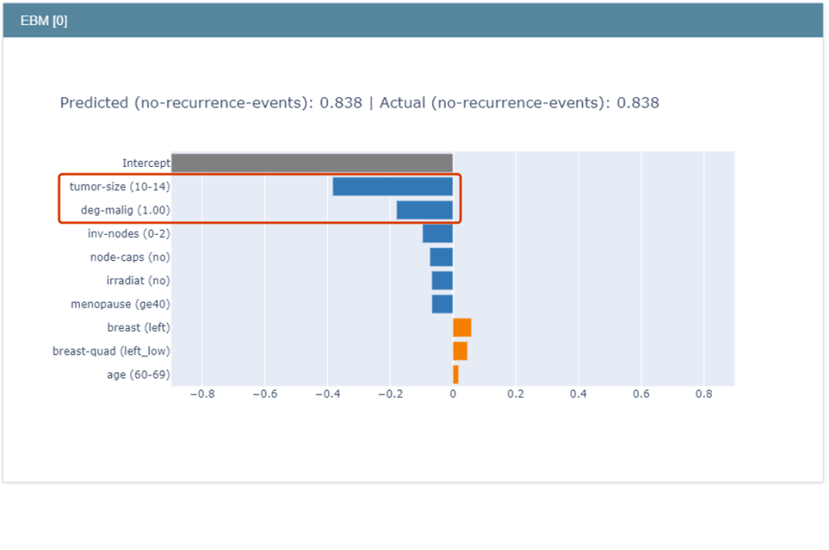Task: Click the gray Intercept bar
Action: (312, 163)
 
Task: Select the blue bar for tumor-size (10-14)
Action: (393, 186)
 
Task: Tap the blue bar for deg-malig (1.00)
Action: (424, 210)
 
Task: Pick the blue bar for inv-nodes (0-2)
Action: (437, 233)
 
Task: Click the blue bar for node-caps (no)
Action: (441, 257)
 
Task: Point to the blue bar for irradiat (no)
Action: (442, 280)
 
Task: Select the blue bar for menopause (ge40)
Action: (442, 304)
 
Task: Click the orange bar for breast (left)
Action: (462, 327)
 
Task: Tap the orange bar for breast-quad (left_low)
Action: (460, 351)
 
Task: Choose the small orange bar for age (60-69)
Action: (456, 374)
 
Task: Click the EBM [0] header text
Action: (44, 21)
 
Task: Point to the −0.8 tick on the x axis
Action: (202, 394)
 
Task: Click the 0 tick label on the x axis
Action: (453, 394)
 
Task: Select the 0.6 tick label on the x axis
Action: (641, 394)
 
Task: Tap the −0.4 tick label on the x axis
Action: (327, 394)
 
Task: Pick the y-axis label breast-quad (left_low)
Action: (112, 352)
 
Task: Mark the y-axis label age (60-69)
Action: (138, 375)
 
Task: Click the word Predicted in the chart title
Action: (94, 103)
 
